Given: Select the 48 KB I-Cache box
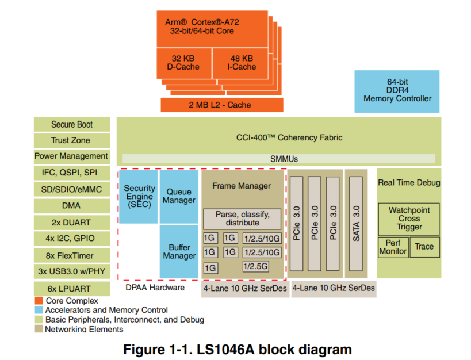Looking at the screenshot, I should click(242, 63).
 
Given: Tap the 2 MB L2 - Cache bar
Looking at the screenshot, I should click(221, 105).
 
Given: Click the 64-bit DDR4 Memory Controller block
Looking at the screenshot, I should click(397, 91).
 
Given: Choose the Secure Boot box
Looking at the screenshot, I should click(72, 124).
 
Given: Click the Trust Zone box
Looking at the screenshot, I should click(72, 140).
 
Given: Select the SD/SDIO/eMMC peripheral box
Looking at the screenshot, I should click(72, 189).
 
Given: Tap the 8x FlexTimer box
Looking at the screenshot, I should click(72, 255).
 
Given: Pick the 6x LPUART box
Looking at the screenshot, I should click(72, 288).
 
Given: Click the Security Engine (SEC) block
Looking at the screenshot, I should click(139, 196).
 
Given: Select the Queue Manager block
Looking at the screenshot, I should click(179, 196).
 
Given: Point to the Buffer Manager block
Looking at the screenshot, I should click(179, 251).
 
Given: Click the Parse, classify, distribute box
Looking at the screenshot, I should click(242, 219).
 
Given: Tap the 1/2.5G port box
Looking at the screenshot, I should click(256, 266).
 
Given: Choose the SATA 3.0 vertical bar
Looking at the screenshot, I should click(356, 224).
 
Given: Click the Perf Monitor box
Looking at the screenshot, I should click(393, 247).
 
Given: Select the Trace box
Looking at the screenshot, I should click(424, 247).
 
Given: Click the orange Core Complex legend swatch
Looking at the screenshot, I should click(39, 301).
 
